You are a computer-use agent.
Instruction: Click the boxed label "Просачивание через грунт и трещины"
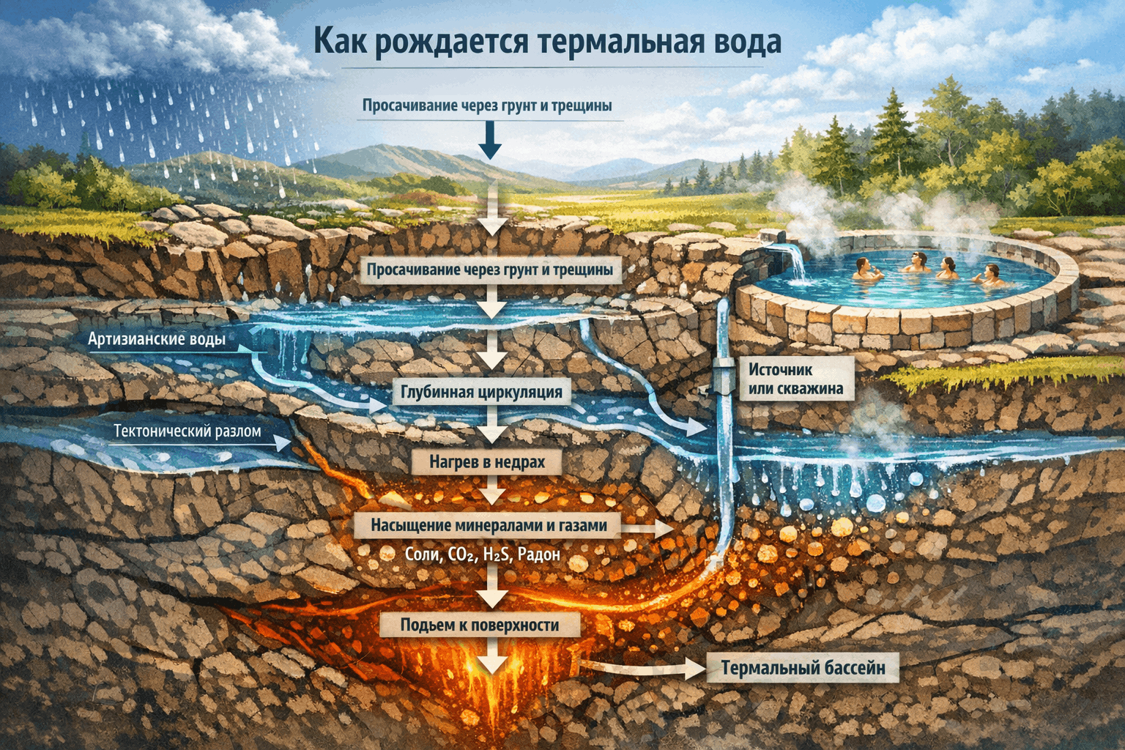pyautogui.click(x=489, y=270)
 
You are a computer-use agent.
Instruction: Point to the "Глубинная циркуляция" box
pyautogui.click(x=481, y=392)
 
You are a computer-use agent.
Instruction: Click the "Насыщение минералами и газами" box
pyautogui.click(x=489, y=525)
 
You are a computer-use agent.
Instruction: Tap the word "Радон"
pyautogui.click(x=538, y=554)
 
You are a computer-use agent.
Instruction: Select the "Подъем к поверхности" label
pyautogui.click(x=480, y=625)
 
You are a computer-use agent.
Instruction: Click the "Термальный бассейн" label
pyautogui.click(x=803, y=668)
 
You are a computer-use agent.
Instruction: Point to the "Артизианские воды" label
pyautogui.click(x=157, y=339)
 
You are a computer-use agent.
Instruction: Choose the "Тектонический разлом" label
pyautogui.click(x=187, y=431)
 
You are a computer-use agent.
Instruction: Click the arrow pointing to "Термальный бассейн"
pyautogui.click(x=645, y=667)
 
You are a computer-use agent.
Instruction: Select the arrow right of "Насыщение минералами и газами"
pyautogui.click(x=648, y=527)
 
